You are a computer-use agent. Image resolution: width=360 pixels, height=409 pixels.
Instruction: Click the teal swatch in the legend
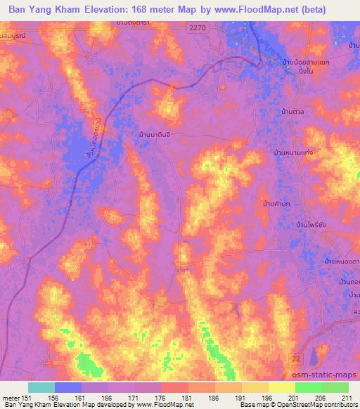click(x=41, y=387)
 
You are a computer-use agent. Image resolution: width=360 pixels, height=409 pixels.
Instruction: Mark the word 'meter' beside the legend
click(x=11, y=397)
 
